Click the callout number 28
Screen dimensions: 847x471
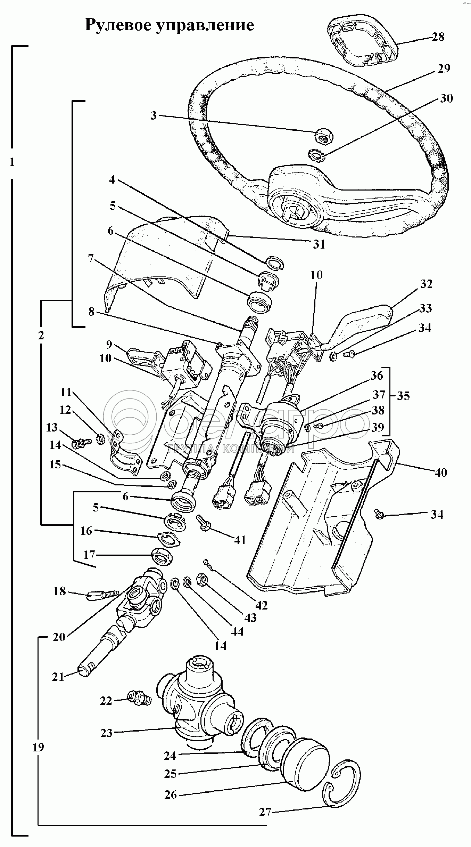tap(438, 37)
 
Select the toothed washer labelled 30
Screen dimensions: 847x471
tap(316, 154)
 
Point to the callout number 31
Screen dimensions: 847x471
tap(319, 244)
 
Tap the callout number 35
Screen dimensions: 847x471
tap(403, 396)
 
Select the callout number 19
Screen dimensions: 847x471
tap(39, 747)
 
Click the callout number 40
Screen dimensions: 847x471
tap(441, 473)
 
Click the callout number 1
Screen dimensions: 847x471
tap(12, 162)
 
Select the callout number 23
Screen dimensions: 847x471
tap(107, 733)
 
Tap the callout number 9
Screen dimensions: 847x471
tap(109, 345)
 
